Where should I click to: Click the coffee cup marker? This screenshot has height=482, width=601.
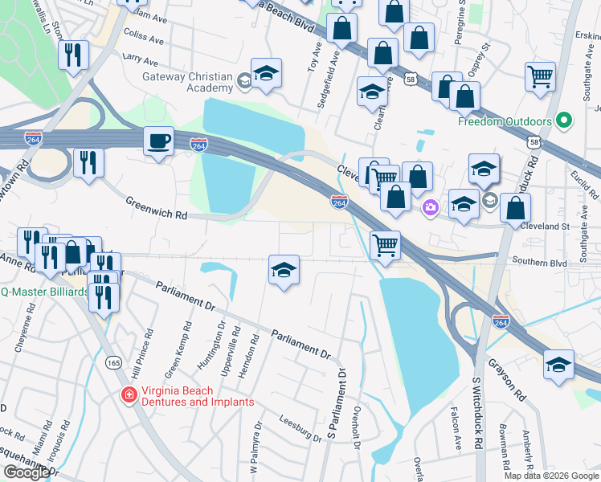[158, 142]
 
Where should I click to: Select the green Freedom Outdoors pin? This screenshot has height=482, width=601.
[563, 122]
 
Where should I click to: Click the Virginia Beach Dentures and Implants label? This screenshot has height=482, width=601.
[198, 396]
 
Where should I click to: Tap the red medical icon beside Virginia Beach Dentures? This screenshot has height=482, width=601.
[127, 394]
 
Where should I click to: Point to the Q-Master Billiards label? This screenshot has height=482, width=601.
[44, 292]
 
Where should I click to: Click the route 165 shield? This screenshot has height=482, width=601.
[112, 363]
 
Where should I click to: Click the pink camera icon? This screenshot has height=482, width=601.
[431, 208]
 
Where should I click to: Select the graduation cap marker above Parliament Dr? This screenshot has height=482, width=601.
[284, 271]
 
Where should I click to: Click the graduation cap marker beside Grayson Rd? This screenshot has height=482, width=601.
[558, 365]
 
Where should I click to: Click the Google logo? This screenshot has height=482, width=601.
[27, 472]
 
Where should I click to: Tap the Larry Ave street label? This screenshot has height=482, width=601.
[141, 59]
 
